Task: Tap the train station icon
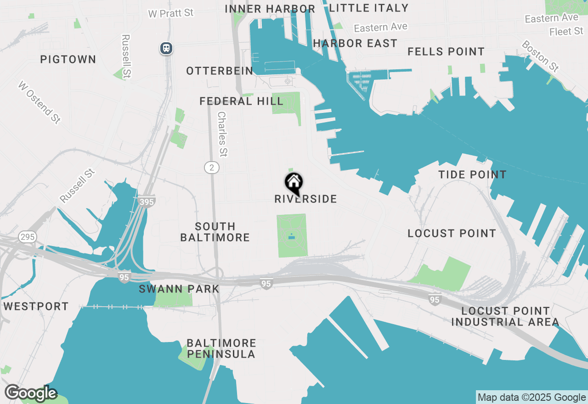[x=166, y=48]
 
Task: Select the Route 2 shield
[x=212, y=168]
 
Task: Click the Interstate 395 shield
[x=146, y=201]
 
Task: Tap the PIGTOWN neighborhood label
[x=68, y=59]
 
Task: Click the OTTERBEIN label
[x=220, y=71]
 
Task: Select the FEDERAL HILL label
[x=241, y=101]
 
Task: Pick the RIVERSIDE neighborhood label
[x=305, y=199]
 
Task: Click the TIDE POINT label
[x=472, y=174]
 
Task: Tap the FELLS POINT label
[x=446, y=51]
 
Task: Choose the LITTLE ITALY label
[x=369, y=8]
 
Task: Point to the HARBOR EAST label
[x=355, y=43]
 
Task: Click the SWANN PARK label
[x=179, y=289]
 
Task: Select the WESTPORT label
[x=36, y=306]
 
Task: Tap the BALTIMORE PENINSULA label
[x=221, y=348]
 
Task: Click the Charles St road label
[x=222, y=134]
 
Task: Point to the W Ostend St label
[x=40, y=102]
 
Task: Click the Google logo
[x=31, y=393]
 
